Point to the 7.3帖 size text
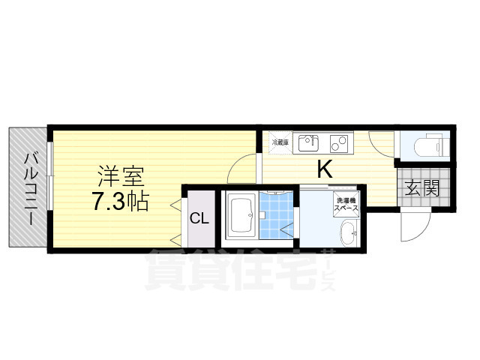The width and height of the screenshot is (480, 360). tap(120, 201)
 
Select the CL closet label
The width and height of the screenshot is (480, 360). tap(199, 219)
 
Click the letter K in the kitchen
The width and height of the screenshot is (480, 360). tap(324, 169)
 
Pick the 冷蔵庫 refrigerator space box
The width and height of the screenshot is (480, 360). tap(279, 142)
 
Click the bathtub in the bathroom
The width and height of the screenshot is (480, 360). tap(241, 215)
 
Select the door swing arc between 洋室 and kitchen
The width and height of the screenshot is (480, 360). tap(244, 166)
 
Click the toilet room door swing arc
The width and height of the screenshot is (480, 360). tap(382, 145)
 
